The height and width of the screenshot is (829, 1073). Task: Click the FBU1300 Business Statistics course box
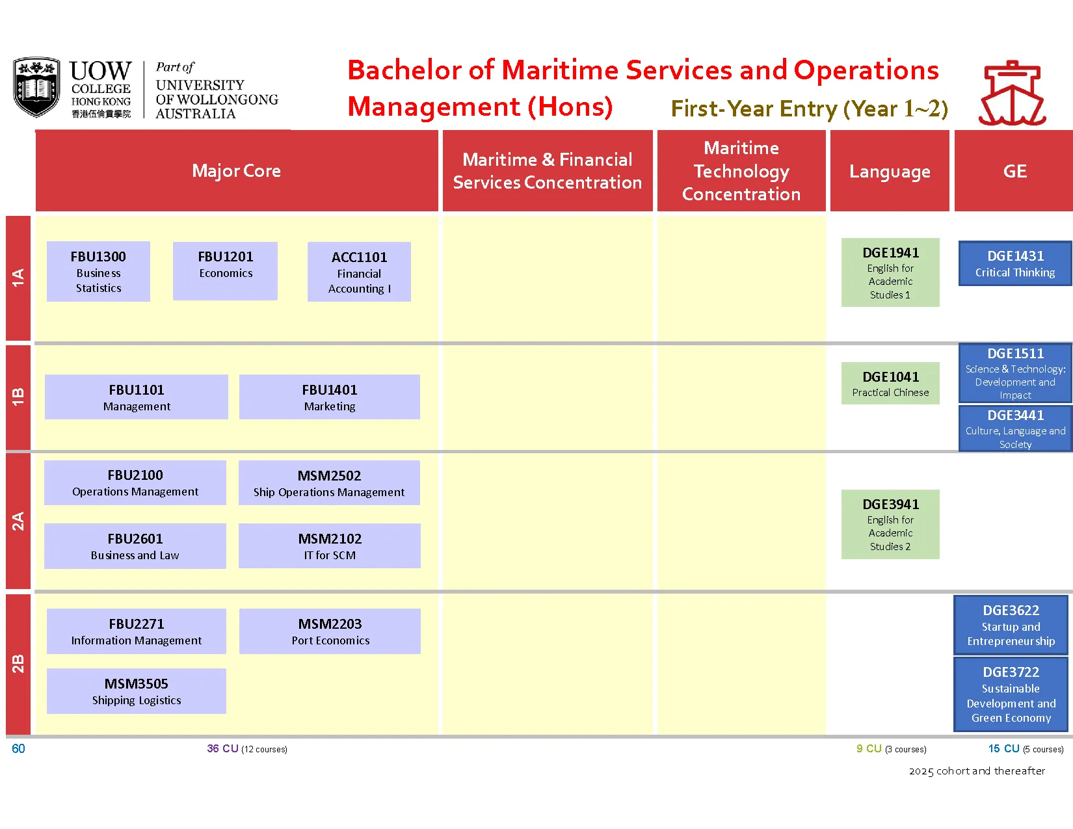point(98,271)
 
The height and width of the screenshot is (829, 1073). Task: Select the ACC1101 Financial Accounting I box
point(359,272)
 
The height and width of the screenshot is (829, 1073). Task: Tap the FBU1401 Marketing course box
point(329,397)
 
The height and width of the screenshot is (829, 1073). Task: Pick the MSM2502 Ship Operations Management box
point(329,483)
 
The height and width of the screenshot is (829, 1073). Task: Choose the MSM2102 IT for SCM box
point(329,546)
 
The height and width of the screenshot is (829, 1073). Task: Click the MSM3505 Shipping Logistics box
point(137,691)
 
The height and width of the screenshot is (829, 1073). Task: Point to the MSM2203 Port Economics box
point(330,631)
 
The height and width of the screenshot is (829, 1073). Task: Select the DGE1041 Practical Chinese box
point(890,384)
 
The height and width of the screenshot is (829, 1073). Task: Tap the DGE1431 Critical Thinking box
point(1014,264)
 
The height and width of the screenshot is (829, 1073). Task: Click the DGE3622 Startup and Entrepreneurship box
point(1011,625)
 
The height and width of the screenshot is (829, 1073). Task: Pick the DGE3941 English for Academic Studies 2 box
point(890,524)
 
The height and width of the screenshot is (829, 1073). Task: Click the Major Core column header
point(237,171)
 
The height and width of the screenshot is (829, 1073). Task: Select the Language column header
point(890,171)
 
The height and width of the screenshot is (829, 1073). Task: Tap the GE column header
point(1014,171)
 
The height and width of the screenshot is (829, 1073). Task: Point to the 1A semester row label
point(18,278)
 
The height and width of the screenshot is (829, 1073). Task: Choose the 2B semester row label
point(18,664)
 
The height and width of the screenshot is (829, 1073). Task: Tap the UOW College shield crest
point(36,87)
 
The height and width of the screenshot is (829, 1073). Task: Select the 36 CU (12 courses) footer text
point(247,749)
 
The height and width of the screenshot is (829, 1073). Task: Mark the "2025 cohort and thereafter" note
point(977,771)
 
